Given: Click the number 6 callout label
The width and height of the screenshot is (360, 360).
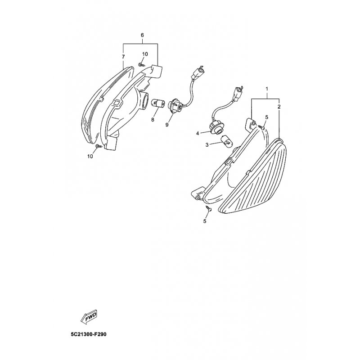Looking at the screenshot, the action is [142, 35].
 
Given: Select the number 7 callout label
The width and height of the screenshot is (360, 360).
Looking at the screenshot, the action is [123, 57].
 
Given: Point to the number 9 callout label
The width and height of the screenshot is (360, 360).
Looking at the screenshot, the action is [166, 124].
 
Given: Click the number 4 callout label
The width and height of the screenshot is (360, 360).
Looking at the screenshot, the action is [197, 133].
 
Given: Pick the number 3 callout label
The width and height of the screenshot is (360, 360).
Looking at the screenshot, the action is [207, 145].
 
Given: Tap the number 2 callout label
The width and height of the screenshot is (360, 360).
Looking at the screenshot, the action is [279, 107].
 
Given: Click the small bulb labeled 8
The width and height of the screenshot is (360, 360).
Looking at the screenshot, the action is [158, 103].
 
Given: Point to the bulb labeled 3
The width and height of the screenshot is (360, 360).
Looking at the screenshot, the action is [226, 142].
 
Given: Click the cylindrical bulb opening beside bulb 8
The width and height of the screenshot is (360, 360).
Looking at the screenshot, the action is [144, 100].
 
